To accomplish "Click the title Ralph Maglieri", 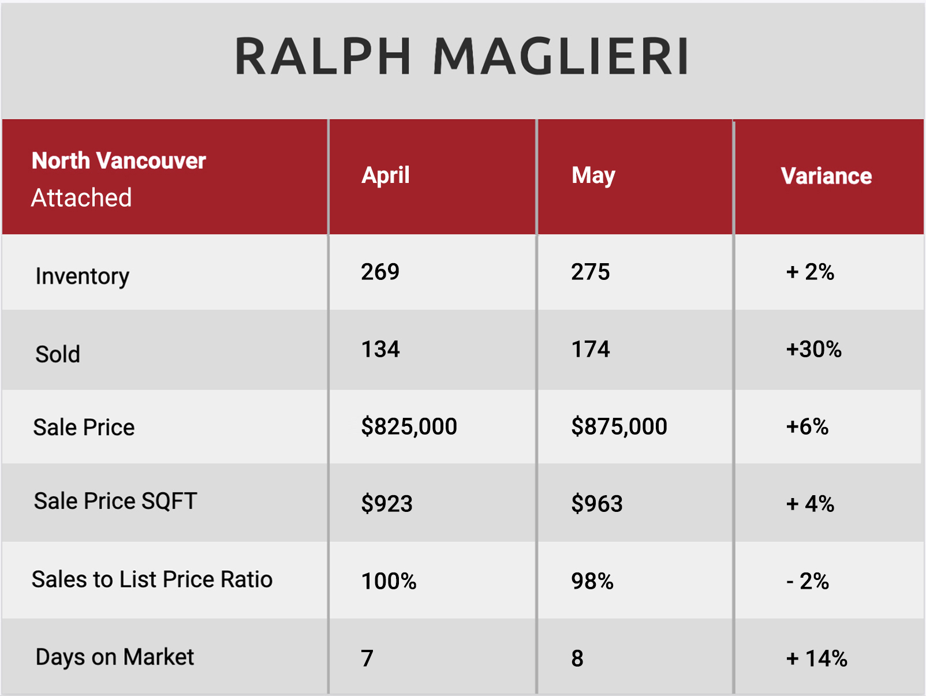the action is tap(461, 57).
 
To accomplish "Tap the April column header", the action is tap(385, 175).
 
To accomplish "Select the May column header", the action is tap(593, 175).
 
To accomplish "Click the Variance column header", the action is tap(826, 176).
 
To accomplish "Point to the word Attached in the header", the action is tap(81, 197).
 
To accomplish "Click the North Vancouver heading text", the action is tap(119, 160).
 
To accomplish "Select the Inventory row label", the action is tap(82, 276).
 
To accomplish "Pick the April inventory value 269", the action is tap(380, 271).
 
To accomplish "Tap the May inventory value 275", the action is tap(590, 271).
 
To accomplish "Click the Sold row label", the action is tap(58, 354).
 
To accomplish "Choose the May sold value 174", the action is tap(590, 349).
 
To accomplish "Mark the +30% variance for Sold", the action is tap(814, 349).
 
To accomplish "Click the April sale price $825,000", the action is tap(409, 426).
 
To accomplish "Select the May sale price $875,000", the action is tap(619, 426).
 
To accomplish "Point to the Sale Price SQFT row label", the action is tap(115, 501).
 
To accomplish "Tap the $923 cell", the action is tap(386, 503).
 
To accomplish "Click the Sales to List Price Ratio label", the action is tap(152, 579).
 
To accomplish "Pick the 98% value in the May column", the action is tap(592, 581).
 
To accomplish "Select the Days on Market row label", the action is tap(115, 657).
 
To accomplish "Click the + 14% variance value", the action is tap(817, 658).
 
